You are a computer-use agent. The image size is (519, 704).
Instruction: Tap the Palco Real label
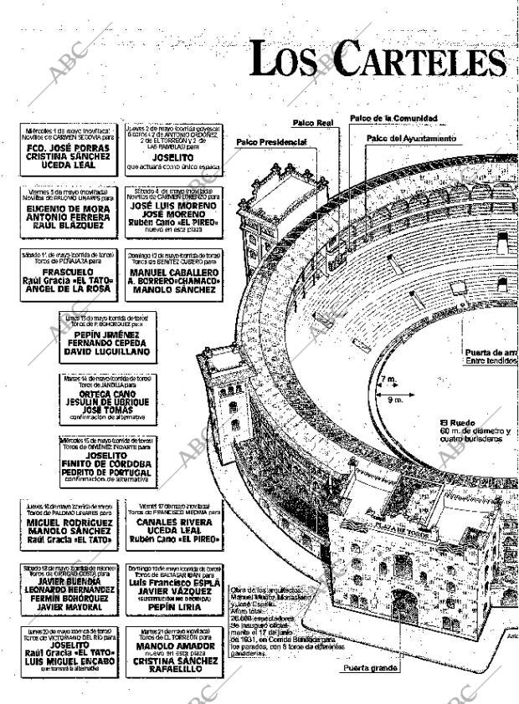click(x=313, y=123)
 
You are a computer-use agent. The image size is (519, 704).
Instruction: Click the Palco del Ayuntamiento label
click(x=411, y=137)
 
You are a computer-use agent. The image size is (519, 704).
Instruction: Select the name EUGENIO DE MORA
click(x=64, y=207)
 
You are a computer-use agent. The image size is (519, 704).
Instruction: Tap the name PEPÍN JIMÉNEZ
click(x=106, y=332)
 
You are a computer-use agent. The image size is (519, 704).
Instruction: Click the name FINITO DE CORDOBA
click(x=106, y=462)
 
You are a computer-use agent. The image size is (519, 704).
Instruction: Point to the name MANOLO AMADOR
click(x=174, y=647)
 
